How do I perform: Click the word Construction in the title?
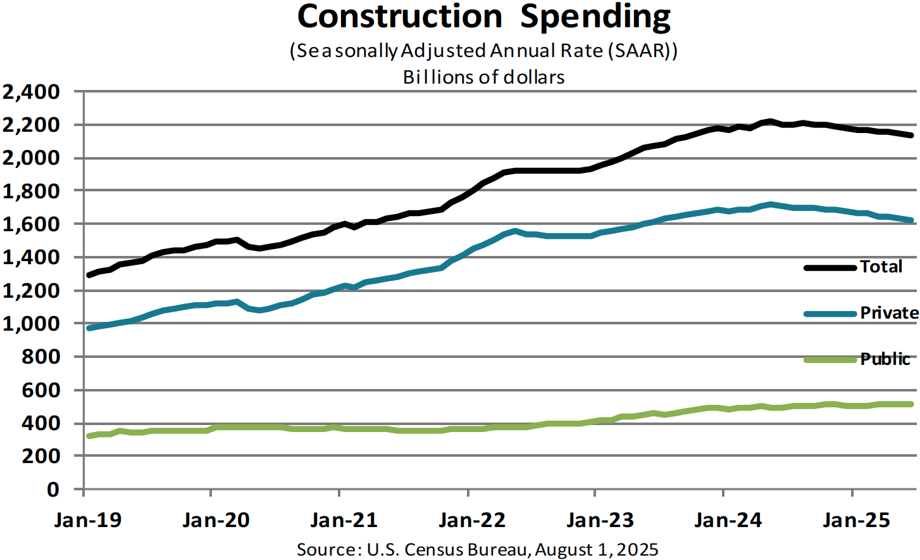400,16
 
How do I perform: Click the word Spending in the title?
595,18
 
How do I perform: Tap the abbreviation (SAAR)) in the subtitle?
643,51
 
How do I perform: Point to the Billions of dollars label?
484,77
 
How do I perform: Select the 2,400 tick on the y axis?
32,92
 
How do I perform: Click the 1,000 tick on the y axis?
32,324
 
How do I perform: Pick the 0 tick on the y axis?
53,489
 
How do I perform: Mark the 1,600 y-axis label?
32,224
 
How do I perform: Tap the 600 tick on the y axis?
40,390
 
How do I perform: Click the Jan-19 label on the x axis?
88,520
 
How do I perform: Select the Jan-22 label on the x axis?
472,520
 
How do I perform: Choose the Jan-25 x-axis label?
856,520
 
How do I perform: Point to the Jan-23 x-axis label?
600,520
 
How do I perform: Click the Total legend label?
881,267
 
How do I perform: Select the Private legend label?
889,313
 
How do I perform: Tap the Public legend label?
885,359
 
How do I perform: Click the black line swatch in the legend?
830,267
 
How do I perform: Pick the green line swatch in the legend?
830,360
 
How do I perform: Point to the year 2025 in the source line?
637,549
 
